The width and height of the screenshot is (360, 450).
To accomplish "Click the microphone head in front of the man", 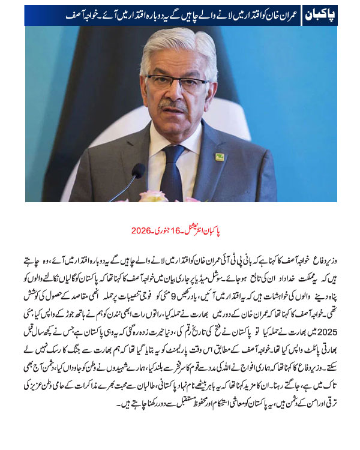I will tap(137, 173).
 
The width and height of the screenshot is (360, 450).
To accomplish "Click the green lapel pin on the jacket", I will tap(220, 157).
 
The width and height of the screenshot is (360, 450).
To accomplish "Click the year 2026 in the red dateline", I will tap(141, 231).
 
